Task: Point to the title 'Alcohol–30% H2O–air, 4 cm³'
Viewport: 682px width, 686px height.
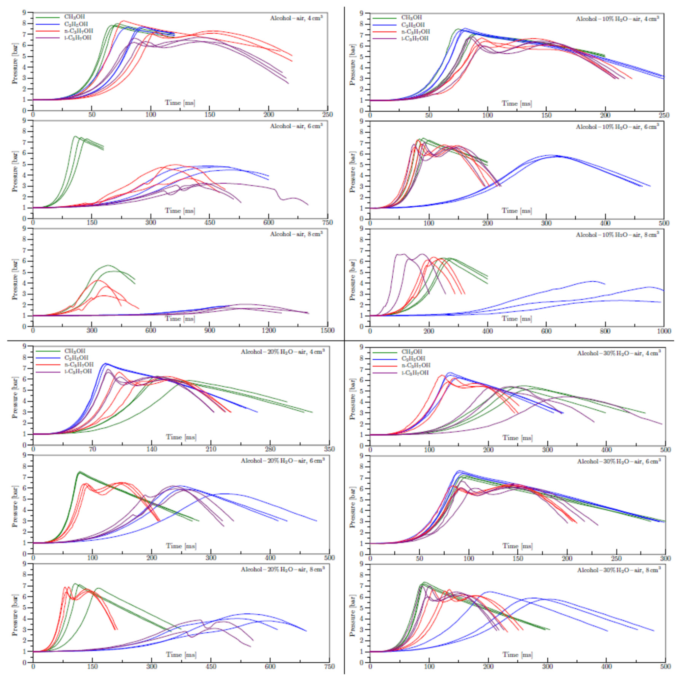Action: tap(619, 353)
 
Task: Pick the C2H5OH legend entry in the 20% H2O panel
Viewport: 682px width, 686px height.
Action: tap(76, 358)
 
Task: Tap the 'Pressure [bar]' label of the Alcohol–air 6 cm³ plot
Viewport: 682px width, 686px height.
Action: tap(15, 172)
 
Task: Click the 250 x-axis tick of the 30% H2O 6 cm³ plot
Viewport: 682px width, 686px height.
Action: tap(616, 559)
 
